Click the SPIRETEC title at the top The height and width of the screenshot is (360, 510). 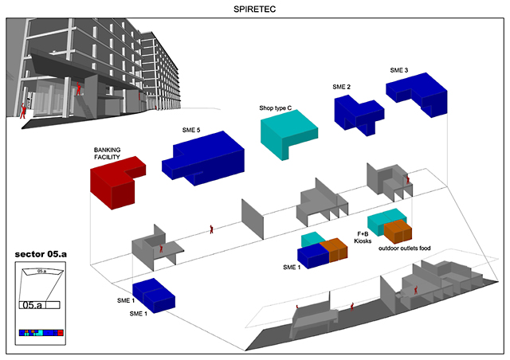tap(254, 10)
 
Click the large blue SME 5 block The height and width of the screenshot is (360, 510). tap(203, 155)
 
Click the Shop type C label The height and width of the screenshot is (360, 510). tap(278, 108)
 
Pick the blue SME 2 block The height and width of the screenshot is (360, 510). tap(359, 112)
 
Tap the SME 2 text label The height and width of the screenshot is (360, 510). tap(342, 87)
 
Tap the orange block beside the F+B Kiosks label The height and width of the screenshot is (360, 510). tap(398, 231)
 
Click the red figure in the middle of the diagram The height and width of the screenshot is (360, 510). tap(211, 230)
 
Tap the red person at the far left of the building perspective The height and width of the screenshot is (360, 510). tap(23, 111)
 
